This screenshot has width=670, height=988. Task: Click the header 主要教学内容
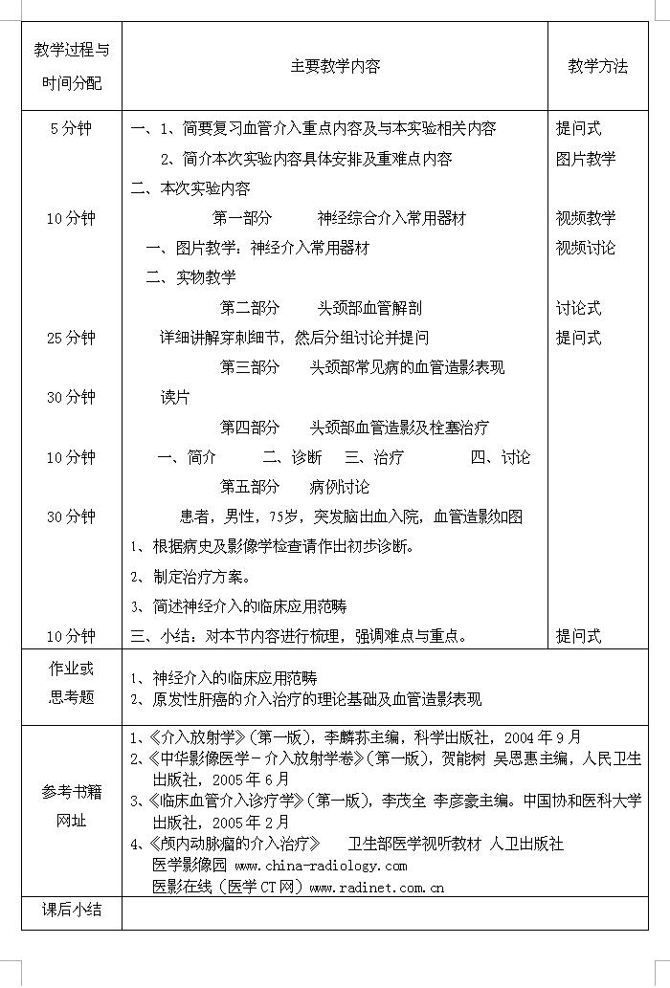pos(335,67)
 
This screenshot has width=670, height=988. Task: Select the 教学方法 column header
pos(598,67)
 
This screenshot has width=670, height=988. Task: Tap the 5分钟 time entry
pos(71,129)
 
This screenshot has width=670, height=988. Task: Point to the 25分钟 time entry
pos(71,338)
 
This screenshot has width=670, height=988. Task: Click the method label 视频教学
pos(586,218)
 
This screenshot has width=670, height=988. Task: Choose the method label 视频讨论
pos(586,248)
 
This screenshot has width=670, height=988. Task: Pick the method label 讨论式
pos(578,308)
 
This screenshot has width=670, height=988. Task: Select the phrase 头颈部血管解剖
pos(369,308)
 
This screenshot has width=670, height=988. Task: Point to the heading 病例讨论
pos(339,487)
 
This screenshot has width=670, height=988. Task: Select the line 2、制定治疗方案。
pos(190,577)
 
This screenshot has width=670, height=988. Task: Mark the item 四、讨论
pos(500,457)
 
